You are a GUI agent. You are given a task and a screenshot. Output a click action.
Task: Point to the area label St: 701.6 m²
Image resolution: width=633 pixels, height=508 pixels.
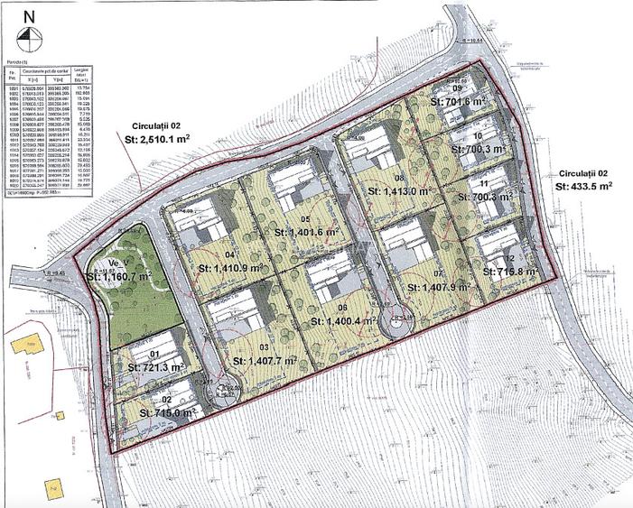pyautogui.click(x=484, y=102)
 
